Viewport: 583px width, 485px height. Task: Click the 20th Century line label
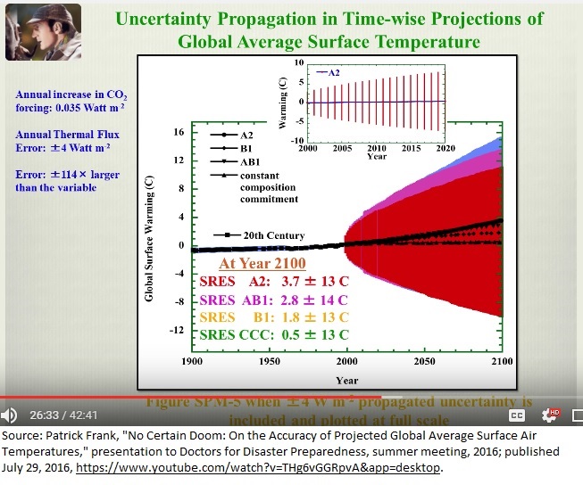click(x=274, y=235)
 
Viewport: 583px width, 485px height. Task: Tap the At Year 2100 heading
click(x=262, y=264)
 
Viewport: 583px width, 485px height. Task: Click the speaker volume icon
click(x=10, y=415)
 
